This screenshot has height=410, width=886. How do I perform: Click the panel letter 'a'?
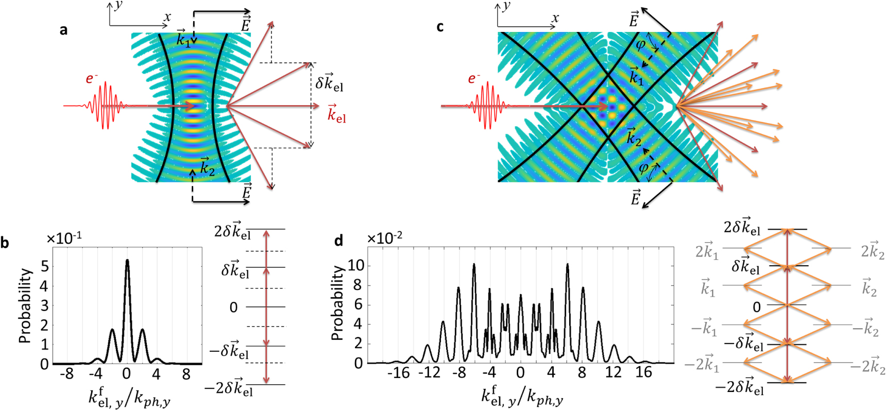[x=63, y=30]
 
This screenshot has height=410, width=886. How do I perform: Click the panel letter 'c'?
[x=439, y=27]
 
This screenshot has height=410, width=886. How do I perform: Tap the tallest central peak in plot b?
[x=127, y=262]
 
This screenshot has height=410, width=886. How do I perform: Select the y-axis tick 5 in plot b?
[x=44, y=266]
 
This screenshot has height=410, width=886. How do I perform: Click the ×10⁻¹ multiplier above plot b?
[x=64, y=238]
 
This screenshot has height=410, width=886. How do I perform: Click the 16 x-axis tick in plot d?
[x=643, y=372]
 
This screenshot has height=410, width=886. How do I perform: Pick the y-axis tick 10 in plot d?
[x=355, y=265]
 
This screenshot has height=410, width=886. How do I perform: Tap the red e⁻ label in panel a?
[x=92, y=79]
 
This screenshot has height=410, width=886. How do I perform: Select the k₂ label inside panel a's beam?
[x=207, y=166]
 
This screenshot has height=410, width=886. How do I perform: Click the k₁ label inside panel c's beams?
[x=637, y=76]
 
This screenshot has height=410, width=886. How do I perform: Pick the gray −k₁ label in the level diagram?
[x=704, y=328]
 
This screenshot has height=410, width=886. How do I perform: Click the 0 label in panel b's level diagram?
[x=233, y=307]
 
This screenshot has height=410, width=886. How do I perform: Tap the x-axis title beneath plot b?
[x=129, y=397]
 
